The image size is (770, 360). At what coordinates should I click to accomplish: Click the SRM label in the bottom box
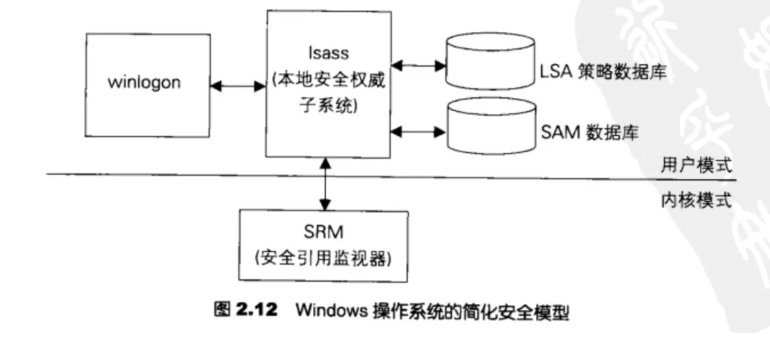click(x=323, y=234)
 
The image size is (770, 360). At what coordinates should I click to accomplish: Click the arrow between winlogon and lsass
click(x=236, y=85)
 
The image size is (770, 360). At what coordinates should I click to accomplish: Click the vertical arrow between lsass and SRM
click(x=323, y=185)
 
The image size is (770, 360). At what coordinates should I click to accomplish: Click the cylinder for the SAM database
click(x=490, y=126)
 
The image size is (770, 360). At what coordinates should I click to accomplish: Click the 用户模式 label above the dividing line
click(x=697, y=163)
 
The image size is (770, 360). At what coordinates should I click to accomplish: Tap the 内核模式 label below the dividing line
click(x=697, y=200)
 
